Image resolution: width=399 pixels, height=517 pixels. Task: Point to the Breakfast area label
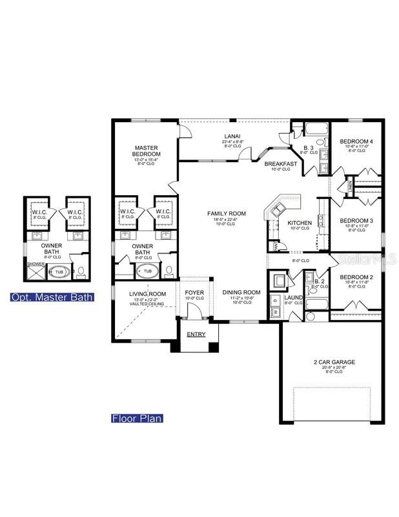point(280,164)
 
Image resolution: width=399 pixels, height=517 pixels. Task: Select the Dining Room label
point(241,292)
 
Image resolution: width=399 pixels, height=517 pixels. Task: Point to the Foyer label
point(194,292)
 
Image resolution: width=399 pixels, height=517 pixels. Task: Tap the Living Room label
point(148,294)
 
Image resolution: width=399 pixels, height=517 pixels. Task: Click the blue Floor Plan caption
point(136,418)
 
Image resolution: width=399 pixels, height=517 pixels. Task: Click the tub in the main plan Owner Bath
point(148,271)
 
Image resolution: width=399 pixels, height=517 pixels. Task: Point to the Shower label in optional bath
point(34,264)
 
